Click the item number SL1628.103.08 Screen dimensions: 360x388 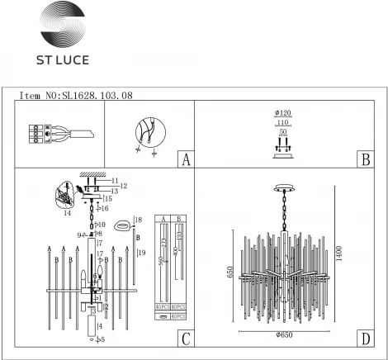pos(76,96)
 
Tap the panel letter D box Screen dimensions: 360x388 pos(362,338)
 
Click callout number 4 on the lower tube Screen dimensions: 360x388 pos(101,328)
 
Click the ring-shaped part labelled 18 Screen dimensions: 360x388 pos(123,224)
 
